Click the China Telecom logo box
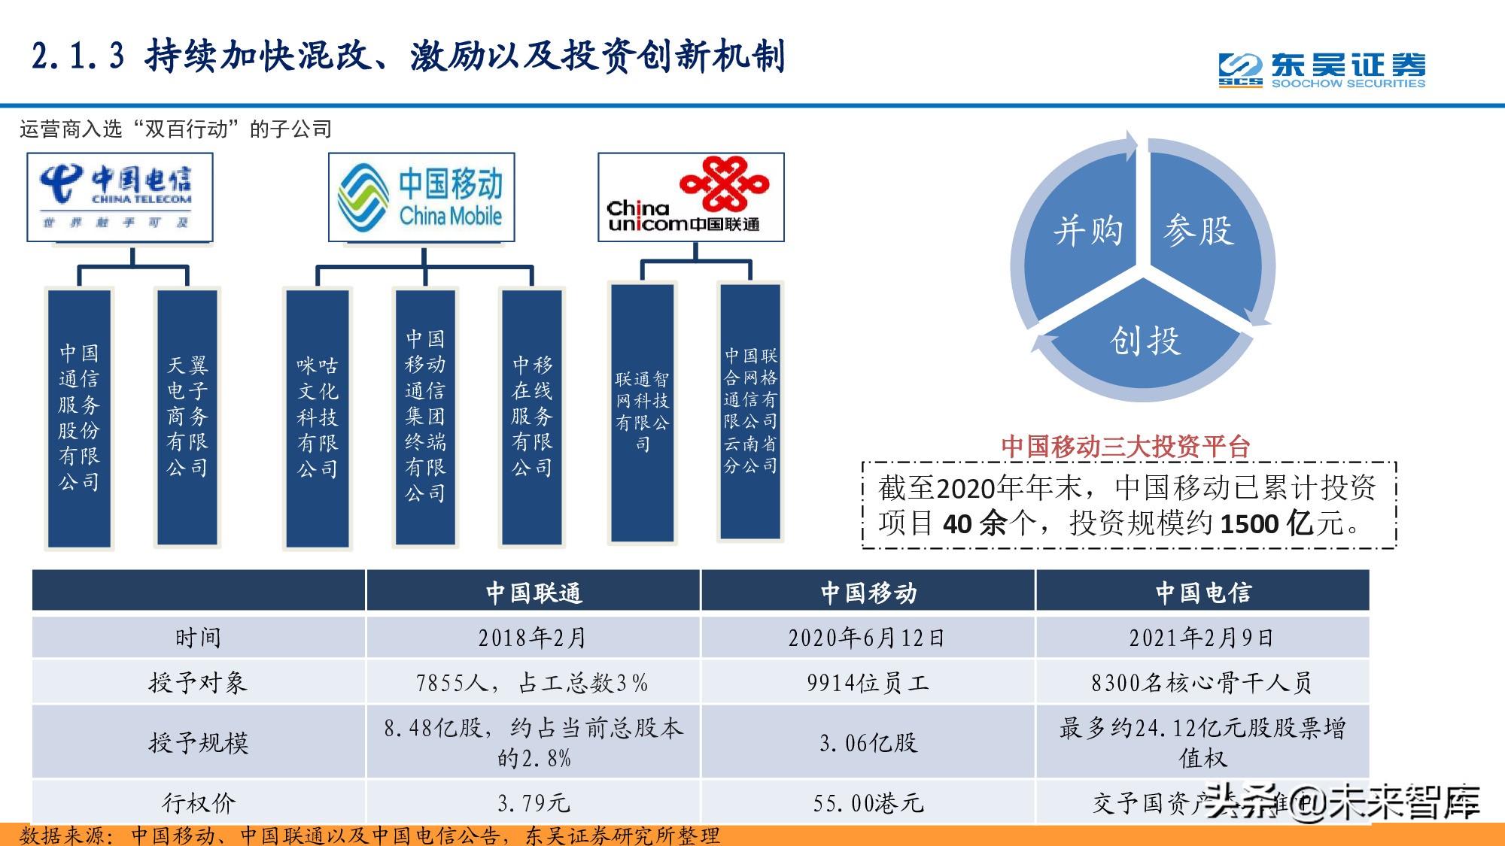120,197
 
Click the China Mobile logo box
421,197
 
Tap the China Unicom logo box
691,197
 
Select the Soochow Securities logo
1321,70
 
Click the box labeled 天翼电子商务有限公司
187,417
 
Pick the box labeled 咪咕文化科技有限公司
317,418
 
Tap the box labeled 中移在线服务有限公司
532,417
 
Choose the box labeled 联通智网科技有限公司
642,411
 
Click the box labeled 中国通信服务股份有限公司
79,418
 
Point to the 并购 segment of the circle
1087,230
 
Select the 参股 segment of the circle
1199,230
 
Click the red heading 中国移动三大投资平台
1126,447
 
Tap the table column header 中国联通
533,592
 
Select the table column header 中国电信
1202,592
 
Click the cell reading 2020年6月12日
867,638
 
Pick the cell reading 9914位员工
867,682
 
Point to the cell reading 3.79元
533,802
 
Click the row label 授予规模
198,742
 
